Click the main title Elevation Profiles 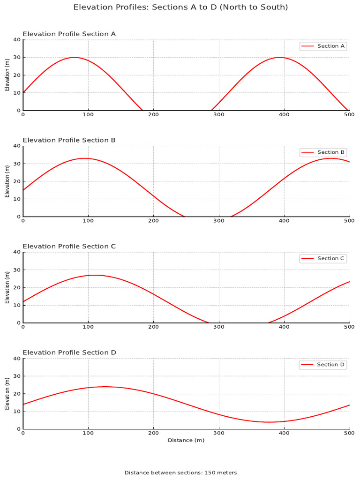[x=180, y=7]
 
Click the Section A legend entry [x=323, y=46]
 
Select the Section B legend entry [x=323, y=152]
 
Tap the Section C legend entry [x=323, y=258]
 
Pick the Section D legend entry [x=323, y=365]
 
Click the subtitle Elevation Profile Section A [x=69, y=34]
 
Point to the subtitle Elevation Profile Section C [x=69, y=247]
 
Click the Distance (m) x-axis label [x=186, y=440]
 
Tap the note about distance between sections [x=180, y=472]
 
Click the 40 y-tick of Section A [x=17, y=40]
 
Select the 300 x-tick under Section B [x=219, y=221]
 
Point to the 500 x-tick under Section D [x=349, y=434]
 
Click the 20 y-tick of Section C [x=17, y=287]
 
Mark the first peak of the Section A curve [x=74, y=57]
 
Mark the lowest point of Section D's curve [x=270, y=422]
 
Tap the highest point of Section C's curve [x=94, y=275]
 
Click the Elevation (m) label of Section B [x=7, y=181]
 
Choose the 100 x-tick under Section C [x=88, y=327]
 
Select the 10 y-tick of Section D [x=17, y=411]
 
